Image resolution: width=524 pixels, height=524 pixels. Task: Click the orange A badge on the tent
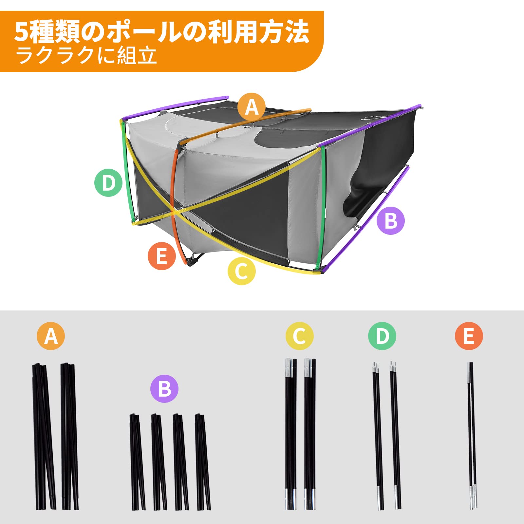pos(252,107)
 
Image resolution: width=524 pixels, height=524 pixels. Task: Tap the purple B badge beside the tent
pos(391,220)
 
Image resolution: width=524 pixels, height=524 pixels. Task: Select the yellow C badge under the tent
pos(242,271)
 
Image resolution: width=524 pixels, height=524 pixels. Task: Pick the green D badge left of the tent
pos(108,183)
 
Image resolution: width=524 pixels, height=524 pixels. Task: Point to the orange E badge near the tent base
pos(161,256)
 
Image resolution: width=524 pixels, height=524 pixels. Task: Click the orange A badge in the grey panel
pos(51,336)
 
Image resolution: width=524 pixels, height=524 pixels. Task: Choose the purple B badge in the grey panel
pos(164,389)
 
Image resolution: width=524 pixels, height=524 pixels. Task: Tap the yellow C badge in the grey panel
pos(299,336)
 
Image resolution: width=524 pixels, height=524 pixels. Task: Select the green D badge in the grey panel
pos(382,336)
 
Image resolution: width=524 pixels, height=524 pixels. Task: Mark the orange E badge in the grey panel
pos(469,336)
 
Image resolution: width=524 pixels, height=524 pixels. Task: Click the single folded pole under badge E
pos(472,436)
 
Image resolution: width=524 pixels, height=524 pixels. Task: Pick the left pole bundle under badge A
pos(43,436)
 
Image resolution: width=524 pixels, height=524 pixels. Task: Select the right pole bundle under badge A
pos(69,436)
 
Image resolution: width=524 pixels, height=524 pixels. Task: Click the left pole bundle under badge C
pos(291,436)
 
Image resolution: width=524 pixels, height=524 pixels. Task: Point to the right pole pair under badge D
pos(395,436)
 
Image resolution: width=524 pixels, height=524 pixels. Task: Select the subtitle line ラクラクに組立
pos(86,56)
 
